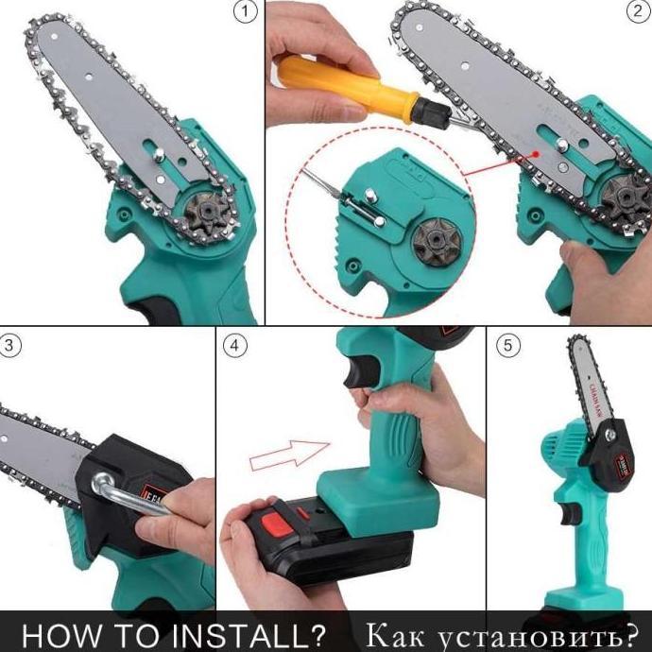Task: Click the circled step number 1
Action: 246,13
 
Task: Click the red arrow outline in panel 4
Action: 289,454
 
